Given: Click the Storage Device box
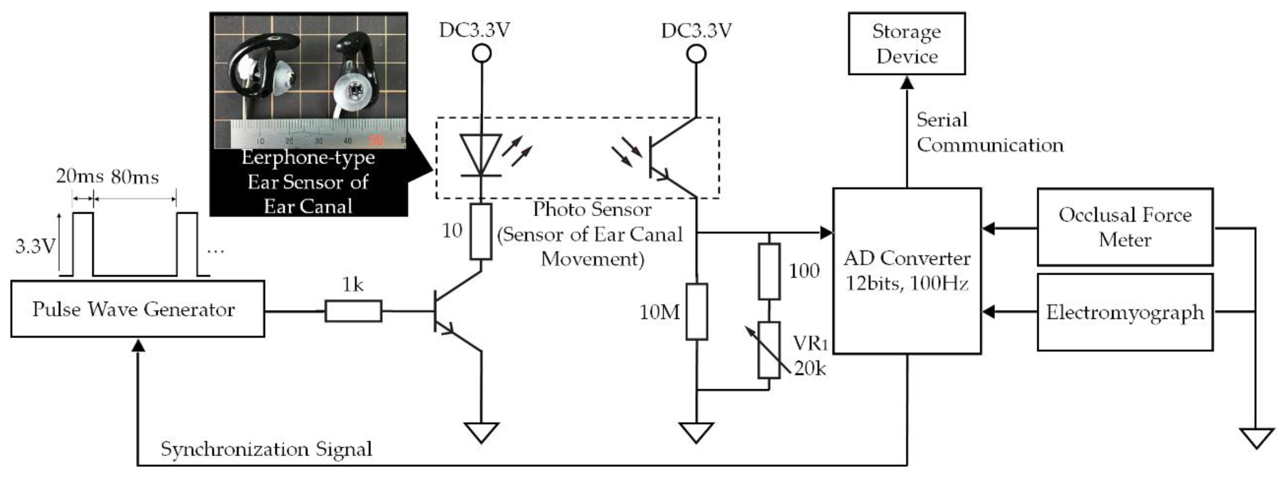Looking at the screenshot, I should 906,44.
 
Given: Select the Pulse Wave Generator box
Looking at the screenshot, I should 137,309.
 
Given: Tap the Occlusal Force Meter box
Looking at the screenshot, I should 1125,227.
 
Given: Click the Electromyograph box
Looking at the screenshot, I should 1125,312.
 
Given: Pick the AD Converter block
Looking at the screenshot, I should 906,271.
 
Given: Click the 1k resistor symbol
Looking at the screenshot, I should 353,311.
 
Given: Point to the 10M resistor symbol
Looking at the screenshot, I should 696,312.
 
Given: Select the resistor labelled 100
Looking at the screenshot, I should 769,271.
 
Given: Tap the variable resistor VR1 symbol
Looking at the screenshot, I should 769,350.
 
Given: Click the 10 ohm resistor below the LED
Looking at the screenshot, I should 481,231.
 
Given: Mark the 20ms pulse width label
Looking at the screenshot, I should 79,177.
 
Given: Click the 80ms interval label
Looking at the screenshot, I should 135,177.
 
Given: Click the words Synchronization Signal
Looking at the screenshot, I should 266,449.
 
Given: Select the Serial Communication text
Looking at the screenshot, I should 989,132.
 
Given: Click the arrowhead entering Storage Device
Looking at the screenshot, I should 907,82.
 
